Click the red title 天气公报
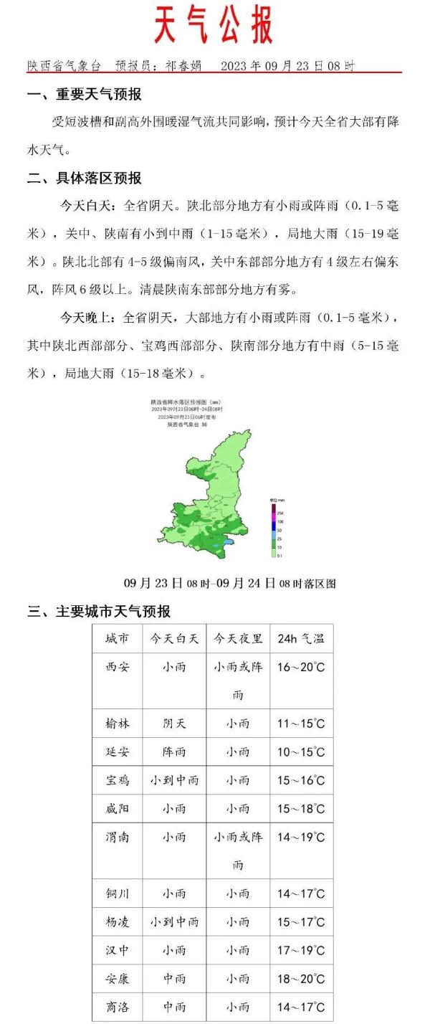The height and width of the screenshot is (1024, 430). tap(214, 27)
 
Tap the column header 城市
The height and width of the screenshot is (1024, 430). tap(117, 638)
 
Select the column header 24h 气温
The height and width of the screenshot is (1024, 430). tap(301, 638)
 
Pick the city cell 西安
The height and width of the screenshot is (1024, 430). tap(117, 667)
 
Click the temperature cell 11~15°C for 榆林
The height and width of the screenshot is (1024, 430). tap(301, 724)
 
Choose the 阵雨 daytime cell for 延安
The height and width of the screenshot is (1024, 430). tap(174, 752)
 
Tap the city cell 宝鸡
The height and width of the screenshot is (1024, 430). tap(117, 780)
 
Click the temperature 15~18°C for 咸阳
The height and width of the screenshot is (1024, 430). tap(301, 808)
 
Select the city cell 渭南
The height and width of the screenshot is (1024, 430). tap(117, 837)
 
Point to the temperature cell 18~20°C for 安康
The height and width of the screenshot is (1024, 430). tap(301, 978)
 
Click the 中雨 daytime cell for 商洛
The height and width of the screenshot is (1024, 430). tap(174, 1007)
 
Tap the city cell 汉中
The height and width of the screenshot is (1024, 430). tap(117, 950)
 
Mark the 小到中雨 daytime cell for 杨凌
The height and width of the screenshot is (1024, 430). tap(174, 921)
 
